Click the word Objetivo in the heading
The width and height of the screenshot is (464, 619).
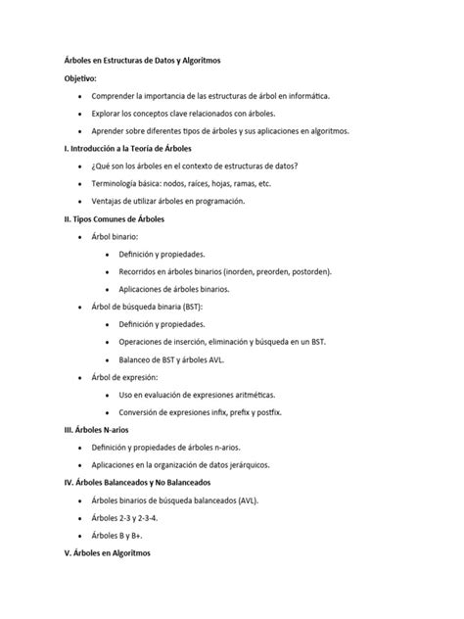[80, 78]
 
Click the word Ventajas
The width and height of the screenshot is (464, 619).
[108, 201]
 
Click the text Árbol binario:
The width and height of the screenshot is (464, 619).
[116, 236]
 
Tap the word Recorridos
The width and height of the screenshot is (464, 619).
[142, 271]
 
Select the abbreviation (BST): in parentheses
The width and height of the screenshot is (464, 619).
[195, 306]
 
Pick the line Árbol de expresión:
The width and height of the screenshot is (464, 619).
[123, 376]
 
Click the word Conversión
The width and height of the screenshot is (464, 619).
[143, 411]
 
